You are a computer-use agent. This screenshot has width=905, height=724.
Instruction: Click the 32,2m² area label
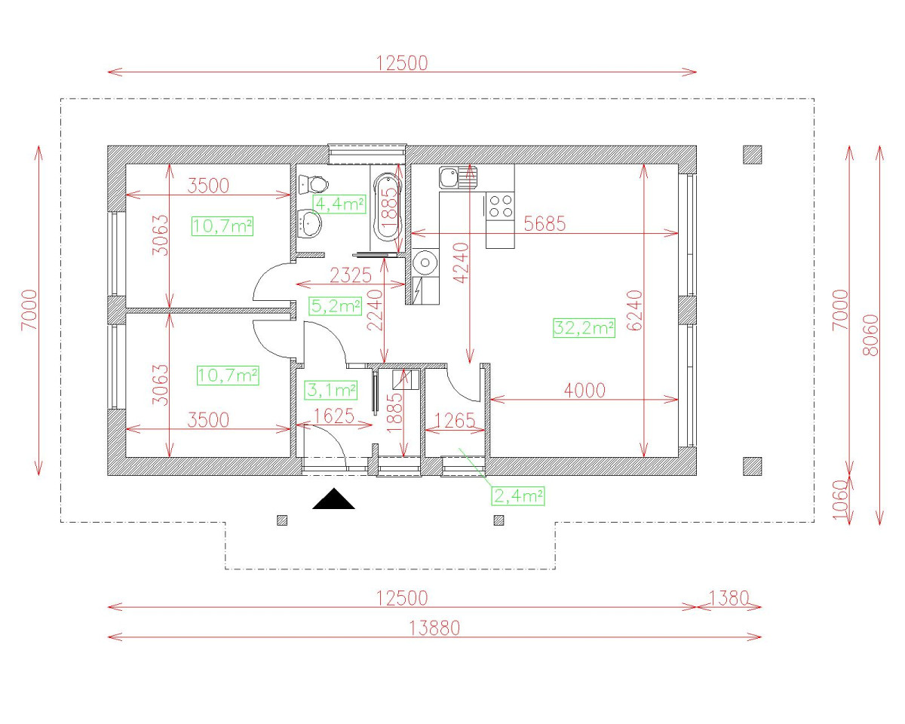point(584,328)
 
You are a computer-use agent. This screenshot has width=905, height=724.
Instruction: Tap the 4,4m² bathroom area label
point(339,204)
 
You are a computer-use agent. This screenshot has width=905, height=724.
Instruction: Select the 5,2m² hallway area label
point(336,305)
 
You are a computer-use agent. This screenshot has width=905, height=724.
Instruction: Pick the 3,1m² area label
point(330,390)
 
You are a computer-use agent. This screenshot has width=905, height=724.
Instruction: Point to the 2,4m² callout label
point(518,495)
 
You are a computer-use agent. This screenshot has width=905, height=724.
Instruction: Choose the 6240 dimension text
point(633,309)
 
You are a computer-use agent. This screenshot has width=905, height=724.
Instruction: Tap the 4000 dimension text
point(584,390)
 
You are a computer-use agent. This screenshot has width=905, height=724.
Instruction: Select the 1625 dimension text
point(334,416)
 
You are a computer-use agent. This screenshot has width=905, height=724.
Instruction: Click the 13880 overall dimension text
point(434,627)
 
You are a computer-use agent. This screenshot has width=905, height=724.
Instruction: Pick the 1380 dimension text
point(728,598)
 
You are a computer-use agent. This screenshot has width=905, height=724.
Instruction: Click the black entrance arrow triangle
point(333,500)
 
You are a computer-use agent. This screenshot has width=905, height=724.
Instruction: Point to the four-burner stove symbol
point(500,206)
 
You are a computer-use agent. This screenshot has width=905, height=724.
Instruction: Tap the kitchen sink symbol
point(456,177)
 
